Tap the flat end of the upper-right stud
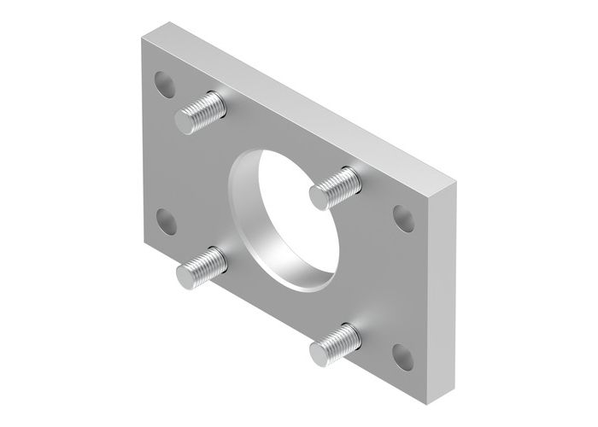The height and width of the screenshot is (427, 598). [319, 197]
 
